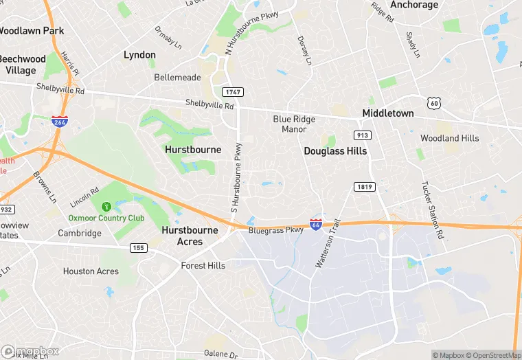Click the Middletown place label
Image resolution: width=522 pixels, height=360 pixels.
click(388, 113)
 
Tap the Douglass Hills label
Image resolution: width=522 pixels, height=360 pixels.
click(335, 150)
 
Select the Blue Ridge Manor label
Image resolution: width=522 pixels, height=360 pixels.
click(294, 124)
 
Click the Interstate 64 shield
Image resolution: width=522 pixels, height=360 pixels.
click(315, 225)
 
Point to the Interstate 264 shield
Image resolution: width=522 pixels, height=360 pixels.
click(60, 122)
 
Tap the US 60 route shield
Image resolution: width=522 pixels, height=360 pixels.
click(433, 103)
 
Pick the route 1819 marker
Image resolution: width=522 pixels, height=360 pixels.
click(364, 187)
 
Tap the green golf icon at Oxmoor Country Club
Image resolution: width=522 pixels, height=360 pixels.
click(106, 206)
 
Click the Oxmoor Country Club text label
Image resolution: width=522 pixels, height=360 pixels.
click(106, 218)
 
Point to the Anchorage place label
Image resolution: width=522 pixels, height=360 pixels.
click(414, 5)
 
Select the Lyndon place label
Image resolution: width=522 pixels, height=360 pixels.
click(139, 54)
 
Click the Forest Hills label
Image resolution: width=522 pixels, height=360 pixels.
click(203, 265)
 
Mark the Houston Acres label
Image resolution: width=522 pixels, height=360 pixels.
click(91, 271)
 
